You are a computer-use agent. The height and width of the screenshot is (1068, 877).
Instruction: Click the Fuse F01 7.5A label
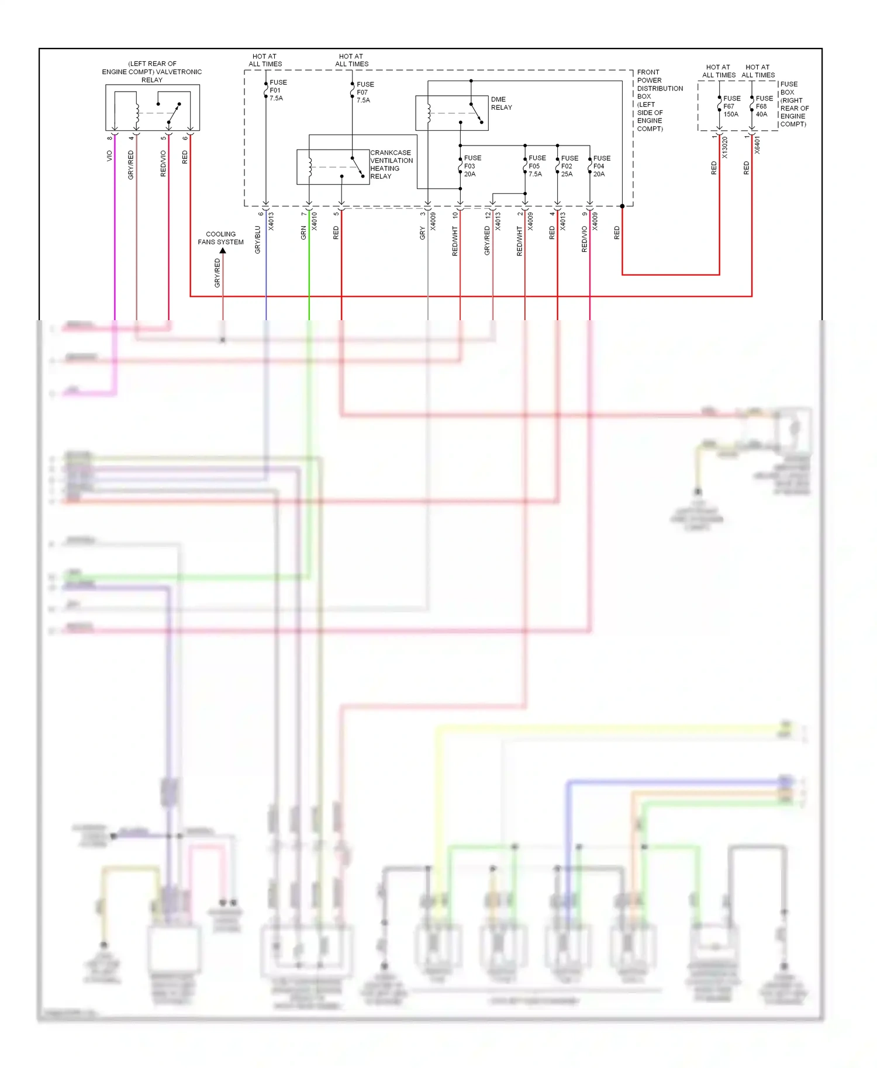point(277,90)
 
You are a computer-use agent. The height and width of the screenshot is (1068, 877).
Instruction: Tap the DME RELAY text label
point(501,103)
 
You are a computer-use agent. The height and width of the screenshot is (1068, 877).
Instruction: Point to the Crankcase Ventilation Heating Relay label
point(391,164)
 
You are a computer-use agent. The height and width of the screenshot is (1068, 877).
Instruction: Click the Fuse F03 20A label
point(472,166)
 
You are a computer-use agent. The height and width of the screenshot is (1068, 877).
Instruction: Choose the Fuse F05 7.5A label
point(536,166)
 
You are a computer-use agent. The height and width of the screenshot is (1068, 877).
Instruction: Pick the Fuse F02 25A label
point(569,166)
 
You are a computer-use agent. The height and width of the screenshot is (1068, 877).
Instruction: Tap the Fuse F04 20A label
point(601,166)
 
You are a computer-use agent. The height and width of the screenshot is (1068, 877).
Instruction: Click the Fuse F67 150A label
point(731,106)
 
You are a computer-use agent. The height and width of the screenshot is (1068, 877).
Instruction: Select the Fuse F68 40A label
point(764,106)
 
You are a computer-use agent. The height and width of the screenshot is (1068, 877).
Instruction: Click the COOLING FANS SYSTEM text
point(220,238)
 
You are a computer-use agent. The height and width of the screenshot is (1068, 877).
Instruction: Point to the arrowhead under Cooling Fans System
point(223,251)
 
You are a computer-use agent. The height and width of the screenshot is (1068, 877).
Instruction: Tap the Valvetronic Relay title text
point(152,72)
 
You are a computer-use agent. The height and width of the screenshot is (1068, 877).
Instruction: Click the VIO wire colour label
point(109,156)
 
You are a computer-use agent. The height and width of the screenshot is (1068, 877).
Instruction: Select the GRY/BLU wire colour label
point(258,240)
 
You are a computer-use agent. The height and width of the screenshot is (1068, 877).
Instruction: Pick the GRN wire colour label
point(303,233)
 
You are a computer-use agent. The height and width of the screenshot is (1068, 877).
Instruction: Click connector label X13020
point(725,148)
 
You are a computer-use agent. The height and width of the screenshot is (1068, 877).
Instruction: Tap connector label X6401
point(757,145)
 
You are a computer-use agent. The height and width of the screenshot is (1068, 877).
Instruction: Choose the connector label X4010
point(315,221)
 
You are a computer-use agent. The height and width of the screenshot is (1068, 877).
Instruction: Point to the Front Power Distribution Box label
point(659,100)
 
